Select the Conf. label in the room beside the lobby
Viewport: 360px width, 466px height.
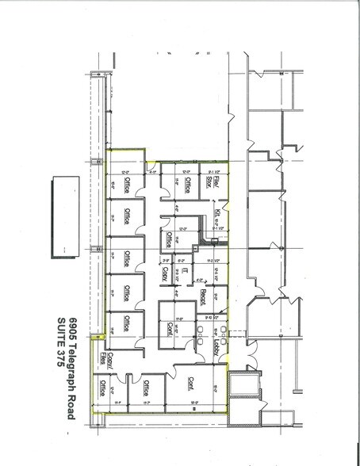point(170,328)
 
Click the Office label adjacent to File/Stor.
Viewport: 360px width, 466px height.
point(188,185)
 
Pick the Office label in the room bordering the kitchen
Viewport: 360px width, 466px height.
point(169,238)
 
